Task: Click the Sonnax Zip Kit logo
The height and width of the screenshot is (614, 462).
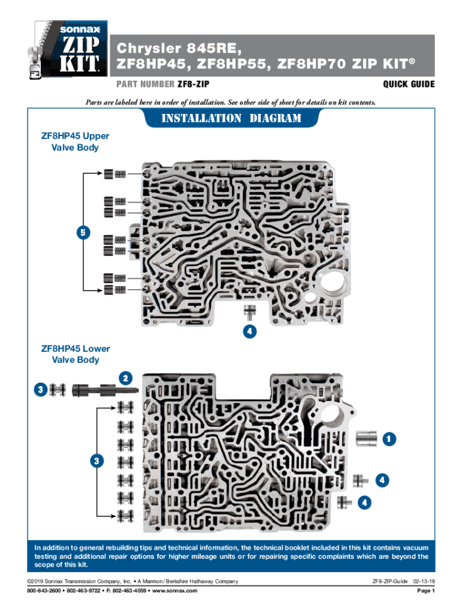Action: pyautogui.click(x=67, y=50)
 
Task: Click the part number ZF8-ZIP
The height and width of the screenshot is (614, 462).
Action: pyautogui.click(x=193, y=84)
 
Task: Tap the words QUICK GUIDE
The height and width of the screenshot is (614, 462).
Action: pyautogui.click(x=409, y=84)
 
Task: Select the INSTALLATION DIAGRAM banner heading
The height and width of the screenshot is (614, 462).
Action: pyautogui.click(x=231, y=118)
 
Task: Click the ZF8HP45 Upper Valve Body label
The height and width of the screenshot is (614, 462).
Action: pyautogui.click(x=75, y=142)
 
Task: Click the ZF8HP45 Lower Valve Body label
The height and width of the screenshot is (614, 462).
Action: pyautogui.click(x=76, y=354)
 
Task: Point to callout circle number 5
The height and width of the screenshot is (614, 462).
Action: pyautogui.click(x=83, y=233)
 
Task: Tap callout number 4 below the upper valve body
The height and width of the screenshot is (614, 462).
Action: pyautogui.click(x=250, y=331)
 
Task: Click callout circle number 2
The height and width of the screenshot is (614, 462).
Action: pyautogui.click(x=125, y=378)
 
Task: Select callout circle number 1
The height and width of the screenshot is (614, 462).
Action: pyautogui.click(x=389, y=439)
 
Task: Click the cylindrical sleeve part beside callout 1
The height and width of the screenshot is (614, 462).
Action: pyautogui.click(x=367, y=438)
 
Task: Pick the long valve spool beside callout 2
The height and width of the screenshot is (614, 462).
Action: pyautogui.click(x=105, y=390)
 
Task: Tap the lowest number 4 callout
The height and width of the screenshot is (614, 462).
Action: pyautogui.click(x=364, y=502)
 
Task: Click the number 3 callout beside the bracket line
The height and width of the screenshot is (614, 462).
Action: pyautogui.click(x=97, y=460)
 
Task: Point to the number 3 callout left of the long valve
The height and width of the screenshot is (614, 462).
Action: pyautogui.click(x=41, y=390)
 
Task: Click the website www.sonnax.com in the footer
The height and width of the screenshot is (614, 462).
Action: pyautogui.click(x=175, y=591)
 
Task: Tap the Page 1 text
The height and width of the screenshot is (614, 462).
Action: pyautogui.click(x=426, y=591)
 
